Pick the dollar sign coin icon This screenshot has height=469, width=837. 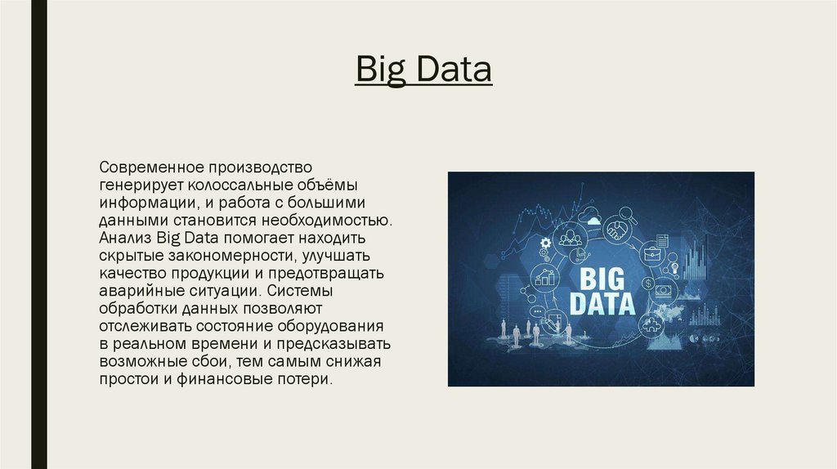648,284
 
